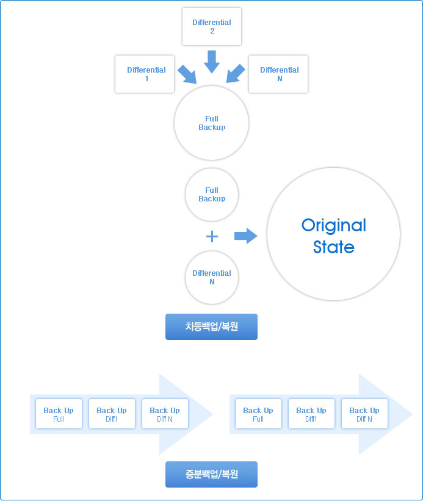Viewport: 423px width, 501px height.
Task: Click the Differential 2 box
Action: [x=211, y=26]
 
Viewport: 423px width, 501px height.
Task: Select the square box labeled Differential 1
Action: [x=145, y=74]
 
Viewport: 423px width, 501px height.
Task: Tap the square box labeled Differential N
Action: [x=278, y=74]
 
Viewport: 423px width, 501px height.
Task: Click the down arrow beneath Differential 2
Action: [x=211, y=62]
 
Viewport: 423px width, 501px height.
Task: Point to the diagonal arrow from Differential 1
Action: [x=187, y=74]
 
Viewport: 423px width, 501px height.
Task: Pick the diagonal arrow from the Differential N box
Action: [x=236, y=74]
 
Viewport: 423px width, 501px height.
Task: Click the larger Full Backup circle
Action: [x=211, y=123]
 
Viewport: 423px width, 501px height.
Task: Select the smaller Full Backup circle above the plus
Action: [x=211, y=195]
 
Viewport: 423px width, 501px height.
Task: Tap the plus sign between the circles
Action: [x=212, y=236]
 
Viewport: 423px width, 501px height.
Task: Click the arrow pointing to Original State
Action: [x=246, y=236]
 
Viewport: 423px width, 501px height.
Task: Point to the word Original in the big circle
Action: [x=334, y=226]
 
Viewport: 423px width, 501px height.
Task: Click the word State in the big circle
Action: [x=334, y=247]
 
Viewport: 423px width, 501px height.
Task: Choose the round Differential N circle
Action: [x=211, y=277]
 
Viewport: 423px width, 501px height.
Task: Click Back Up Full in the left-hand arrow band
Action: [x=59, y=414]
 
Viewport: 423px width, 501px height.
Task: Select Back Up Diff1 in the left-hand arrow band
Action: [x=112, y=414]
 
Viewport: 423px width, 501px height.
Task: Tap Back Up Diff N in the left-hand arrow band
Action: [x=165, y=414]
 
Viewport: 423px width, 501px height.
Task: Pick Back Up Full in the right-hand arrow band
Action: [x=258, y=414]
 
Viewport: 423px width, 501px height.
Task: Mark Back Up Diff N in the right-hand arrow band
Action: [x=364, y=414]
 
